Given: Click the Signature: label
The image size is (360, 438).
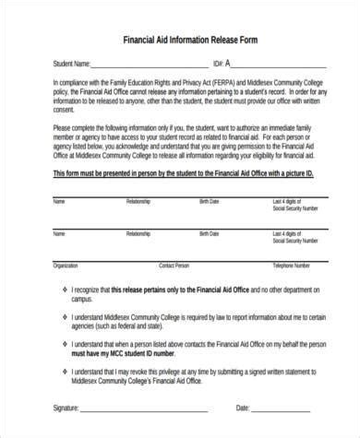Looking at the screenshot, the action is [x=73, y=408].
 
